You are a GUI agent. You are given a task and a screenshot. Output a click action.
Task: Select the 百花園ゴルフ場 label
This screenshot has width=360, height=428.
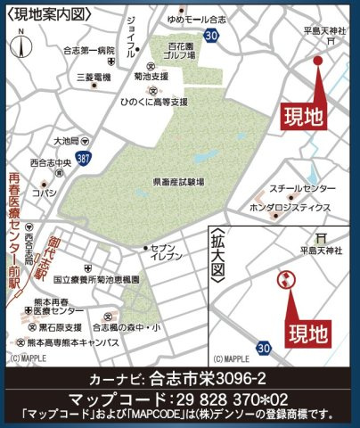(x=185, y=50)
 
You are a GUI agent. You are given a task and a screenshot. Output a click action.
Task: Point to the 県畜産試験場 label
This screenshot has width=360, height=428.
(x=177, y=181)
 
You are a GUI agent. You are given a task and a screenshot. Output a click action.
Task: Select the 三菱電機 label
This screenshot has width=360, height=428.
(x=93, y=78)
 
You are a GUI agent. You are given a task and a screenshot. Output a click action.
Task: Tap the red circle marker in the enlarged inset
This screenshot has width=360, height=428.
(x=284, y=280)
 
